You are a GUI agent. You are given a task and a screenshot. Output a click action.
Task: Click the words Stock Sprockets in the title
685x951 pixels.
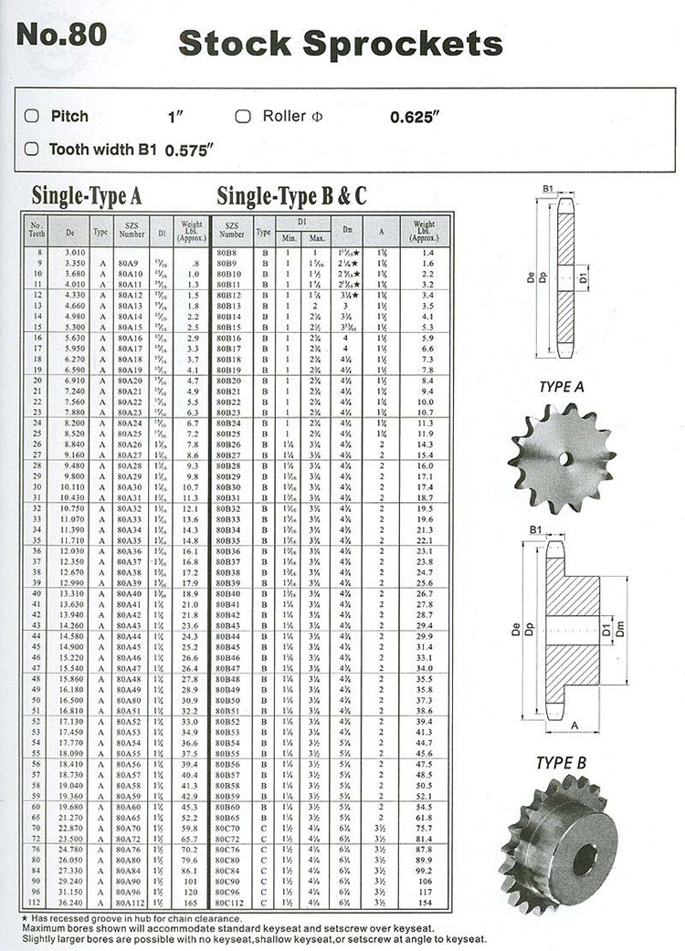coord(340,43)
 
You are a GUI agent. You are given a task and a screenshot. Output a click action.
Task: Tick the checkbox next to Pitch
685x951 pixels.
coord(31,116)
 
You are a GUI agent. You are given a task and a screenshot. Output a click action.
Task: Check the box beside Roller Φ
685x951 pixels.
coord(243,116)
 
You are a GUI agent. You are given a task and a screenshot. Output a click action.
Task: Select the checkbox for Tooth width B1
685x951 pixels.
coord(31,148)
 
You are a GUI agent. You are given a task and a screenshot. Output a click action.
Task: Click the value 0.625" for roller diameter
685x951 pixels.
coord(415,117)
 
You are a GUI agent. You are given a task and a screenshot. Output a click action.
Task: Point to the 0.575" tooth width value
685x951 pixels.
coord(189,150)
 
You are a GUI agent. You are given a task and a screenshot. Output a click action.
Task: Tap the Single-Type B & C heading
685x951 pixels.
coord(292,195)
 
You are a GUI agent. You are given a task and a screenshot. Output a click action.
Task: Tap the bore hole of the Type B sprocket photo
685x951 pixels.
coord(584,859)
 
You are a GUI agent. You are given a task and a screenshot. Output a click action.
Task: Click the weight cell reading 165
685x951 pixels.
coord(191,903)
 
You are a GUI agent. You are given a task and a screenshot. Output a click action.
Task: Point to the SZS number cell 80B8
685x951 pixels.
coord(227,251)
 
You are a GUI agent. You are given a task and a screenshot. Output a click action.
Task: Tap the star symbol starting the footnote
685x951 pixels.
coord(24,916)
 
